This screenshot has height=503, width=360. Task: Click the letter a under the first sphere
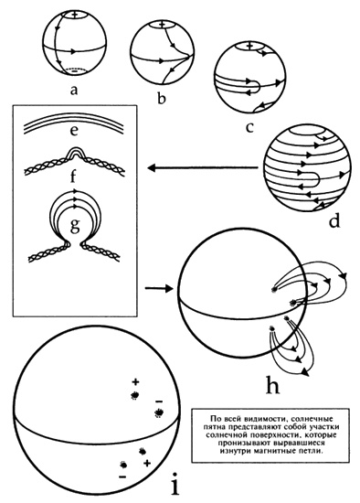74,91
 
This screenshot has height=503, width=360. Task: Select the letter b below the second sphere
162,99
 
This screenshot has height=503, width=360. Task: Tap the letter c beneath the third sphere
249,127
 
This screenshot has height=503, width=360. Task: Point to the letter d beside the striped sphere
334,221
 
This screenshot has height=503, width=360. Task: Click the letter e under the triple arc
74,131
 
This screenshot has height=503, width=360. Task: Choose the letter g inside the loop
74,226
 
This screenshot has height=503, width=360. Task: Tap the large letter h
273,384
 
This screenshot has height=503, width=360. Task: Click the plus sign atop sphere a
75,15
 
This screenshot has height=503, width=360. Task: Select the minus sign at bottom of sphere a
74,71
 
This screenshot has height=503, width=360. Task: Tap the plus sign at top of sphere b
162,24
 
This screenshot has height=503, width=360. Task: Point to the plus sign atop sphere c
249,46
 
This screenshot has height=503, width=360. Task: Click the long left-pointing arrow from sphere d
203,167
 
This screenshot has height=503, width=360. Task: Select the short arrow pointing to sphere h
159,288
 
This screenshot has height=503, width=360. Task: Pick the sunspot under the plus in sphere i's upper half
135,395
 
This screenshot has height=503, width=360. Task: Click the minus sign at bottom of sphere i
122,477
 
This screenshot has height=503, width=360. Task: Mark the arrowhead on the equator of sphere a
73,51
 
